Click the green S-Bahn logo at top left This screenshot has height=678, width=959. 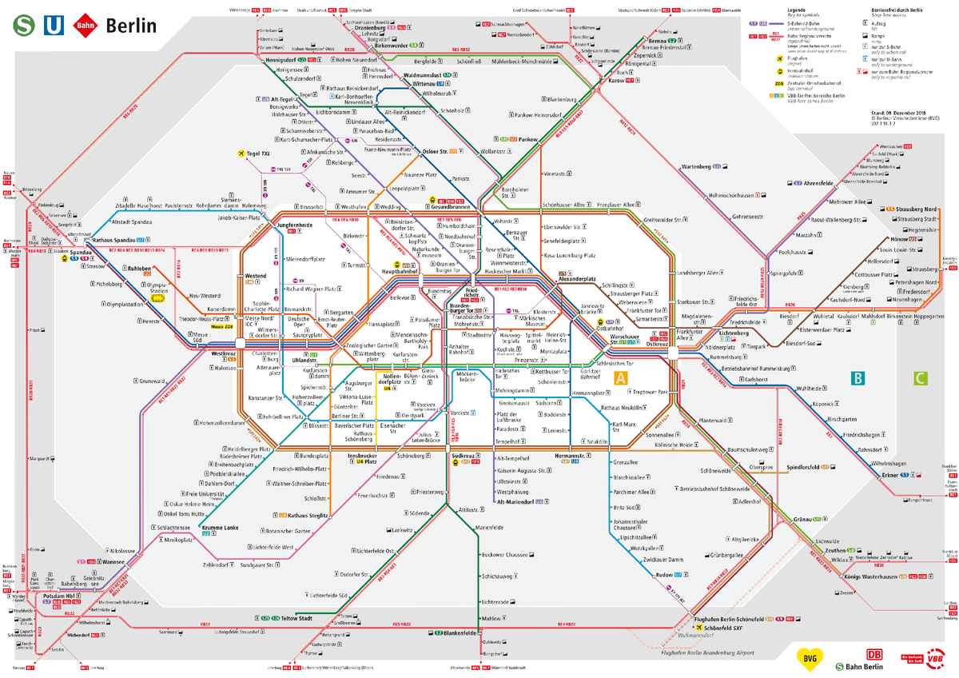coord(23,25)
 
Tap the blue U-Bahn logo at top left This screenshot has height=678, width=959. coord(52,25)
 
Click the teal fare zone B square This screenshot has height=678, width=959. coord(858,378)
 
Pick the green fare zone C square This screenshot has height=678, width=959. coord(921,378)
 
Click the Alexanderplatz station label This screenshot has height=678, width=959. coord(578,279)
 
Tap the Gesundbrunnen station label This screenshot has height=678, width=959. coord(456,205)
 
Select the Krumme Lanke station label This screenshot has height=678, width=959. coord(220,528)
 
